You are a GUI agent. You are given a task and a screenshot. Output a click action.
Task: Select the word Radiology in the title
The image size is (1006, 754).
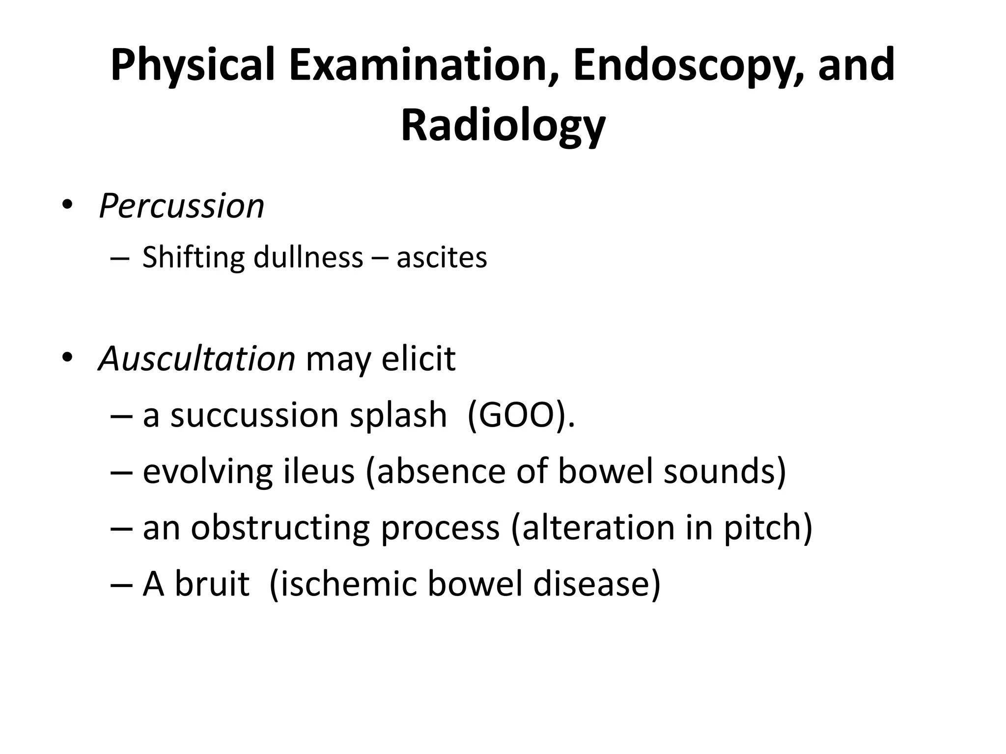pos(503,125)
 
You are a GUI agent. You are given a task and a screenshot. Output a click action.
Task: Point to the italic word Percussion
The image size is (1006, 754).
pos(181,206)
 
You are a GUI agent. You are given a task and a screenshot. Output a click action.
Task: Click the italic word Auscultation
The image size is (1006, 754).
pos(196,359)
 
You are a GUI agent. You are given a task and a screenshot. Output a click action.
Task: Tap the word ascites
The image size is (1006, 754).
pos(442,258)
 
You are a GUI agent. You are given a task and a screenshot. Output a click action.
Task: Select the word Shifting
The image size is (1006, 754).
pos(193,258)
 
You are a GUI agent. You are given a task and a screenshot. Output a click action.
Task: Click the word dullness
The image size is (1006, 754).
pos(308,258)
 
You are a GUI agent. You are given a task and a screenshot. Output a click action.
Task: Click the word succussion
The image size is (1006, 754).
pos(254,415)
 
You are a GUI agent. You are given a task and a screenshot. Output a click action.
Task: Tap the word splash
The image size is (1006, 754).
pos(398,415)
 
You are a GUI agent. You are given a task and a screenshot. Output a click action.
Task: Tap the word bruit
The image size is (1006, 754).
pos(212,584)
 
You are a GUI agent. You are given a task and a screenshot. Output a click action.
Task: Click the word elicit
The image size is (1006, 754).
pos(419,359)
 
